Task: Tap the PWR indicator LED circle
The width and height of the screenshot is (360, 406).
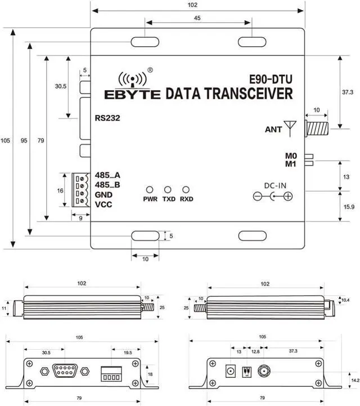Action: (150, 190)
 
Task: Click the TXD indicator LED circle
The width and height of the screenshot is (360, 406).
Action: (168, 190)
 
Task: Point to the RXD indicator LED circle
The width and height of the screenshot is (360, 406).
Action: (186, 190)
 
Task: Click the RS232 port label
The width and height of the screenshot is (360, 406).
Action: (107, 118)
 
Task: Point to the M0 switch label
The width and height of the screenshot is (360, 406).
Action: (290, 155)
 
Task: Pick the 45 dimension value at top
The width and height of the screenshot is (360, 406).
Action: (197, 17)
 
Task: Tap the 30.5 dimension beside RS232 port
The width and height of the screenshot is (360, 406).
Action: (61, 87)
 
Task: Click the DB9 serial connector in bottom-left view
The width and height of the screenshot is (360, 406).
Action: (64, 371)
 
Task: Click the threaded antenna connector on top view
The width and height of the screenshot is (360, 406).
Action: (316, 128)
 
